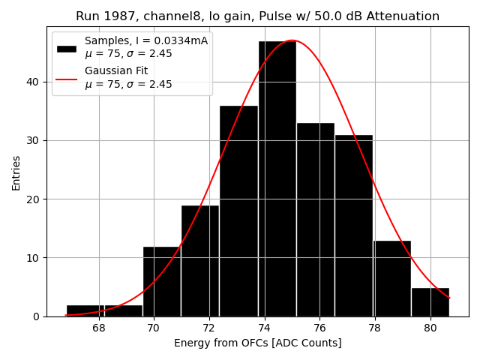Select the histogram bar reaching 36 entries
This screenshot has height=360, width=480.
tap(238, 211)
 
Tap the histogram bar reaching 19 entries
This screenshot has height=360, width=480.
tap(200, 260)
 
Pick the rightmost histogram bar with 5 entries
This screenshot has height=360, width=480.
tap(430, 301)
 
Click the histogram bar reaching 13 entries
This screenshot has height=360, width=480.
tap(392, 278)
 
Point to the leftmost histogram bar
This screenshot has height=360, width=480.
tap(85, 310)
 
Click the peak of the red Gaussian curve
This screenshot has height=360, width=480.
tap(292, 40)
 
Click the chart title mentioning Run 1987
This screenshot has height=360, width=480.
tap(257, 16)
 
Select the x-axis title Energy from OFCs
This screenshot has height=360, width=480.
tap(257, 343)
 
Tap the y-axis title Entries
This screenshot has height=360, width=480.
tap(16, 172)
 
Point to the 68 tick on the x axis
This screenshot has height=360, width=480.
tap(98, 328)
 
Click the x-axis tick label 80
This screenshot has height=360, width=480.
tap(430, 328)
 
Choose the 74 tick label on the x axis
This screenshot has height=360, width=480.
tap(264, 328)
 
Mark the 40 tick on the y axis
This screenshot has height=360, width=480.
tap(36, 82)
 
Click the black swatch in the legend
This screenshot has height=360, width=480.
tap(67, 48)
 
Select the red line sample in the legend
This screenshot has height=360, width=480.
tap(67, 78)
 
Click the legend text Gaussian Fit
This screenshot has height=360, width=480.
tap(116, 70)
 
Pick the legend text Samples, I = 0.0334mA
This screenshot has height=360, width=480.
tap(146, 40)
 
